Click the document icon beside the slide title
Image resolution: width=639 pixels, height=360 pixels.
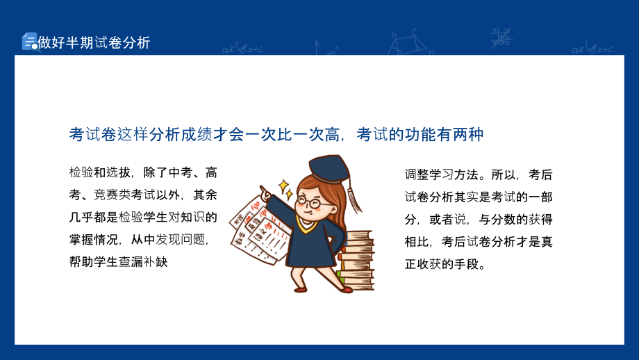29,41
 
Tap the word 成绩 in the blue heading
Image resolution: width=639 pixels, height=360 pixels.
197,134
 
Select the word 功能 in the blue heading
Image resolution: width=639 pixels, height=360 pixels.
420,134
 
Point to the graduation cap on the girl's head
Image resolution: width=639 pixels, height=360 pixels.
329,168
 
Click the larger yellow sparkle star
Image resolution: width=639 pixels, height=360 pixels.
283,186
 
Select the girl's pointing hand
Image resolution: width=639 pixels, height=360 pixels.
265,192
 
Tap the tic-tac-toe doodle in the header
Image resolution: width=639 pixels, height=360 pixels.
501,38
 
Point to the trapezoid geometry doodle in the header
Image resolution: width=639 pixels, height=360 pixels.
408,42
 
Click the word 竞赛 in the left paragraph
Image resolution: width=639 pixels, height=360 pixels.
106,195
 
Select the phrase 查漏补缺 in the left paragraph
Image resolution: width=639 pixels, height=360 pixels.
143,261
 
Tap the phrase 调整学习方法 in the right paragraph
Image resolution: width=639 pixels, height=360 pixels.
441,174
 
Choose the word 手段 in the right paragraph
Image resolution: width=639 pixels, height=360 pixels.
466,264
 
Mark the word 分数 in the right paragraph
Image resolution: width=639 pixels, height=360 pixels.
504,220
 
